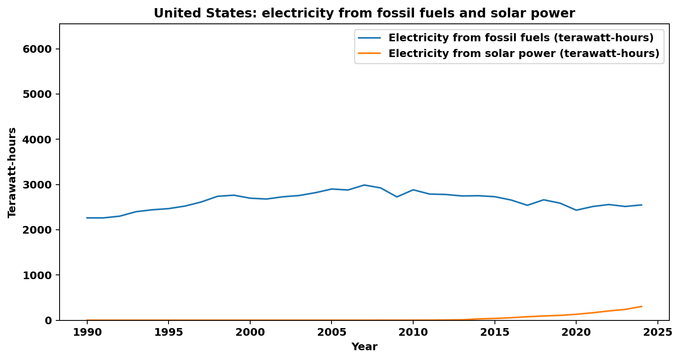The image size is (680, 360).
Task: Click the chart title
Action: tap(364, 13)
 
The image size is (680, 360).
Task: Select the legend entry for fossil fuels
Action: tap(521, 38)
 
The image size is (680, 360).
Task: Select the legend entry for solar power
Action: tap(523, 54)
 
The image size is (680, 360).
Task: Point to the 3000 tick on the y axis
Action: tap(40, 185)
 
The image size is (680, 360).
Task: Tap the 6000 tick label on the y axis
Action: tap(40, 49)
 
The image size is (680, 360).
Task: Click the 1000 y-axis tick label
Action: tap(40, 276)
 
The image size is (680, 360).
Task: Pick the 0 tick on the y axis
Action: tap(49, 321)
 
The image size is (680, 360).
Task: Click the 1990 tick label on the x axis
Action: tap(87, 332)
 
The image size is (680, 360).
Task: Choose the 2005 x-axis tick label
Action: tap(331, 332)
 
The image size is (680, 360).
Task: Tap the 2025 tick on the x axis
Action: tap(657, 332)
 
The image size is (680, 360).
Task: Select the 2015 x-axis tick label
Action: tap(494, 332)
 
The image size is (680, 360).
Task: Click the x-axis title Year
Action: tap(364, 347)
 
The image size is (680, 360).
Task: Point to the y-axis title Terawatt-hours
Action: tap(12, 172)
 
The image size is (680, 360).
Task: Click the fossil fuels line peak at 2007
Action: tap(364, 185)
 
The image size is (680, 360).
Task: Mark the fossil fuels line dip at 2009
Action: tap(397, 197)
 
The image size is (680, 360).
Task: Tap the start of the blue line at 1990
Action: tap(87, 218)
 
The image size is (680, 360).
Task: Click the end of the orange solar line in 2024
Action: tap(641, 306)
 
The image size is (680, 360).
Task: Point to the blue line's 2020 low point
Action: tap(576, 210)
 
